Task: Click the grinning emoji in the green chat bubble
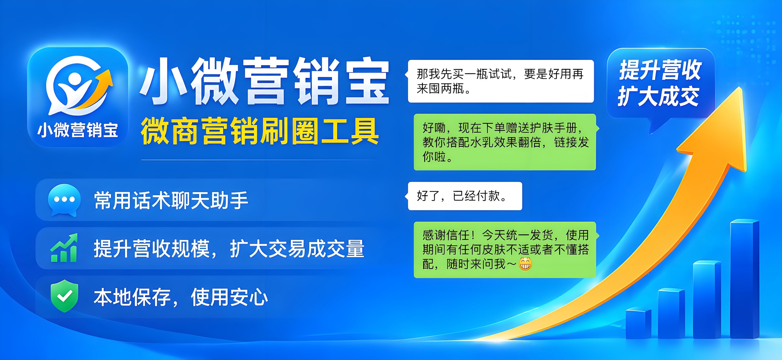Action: [x=525, y=264]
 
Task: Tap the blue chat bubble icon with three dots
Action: [x=64, y=200]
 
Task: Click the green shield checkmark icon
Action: [x=64, y=296]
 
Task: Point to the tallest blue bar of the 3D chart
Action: [x=744, y=279]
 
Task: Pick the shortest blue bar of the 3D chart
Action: [x=638, y=323]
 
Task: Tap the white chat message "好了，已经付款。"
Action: [x=464, y=196]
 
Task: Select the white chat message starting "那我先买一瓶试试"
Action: [x=501, y=81]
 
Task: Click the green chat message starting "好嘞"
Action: [x=505, y=142]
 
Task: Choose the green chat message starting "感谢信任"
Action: [x=505, y=250]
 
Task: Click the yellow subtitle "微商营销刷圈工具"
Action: [x=260, y=131]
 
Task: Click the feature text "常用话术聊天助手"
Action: [x=171, y=200]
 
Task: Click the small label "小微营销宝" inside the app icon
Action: [x=78, y=130]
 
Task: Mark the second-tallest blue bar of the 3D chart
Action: [x=707, y=300]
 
